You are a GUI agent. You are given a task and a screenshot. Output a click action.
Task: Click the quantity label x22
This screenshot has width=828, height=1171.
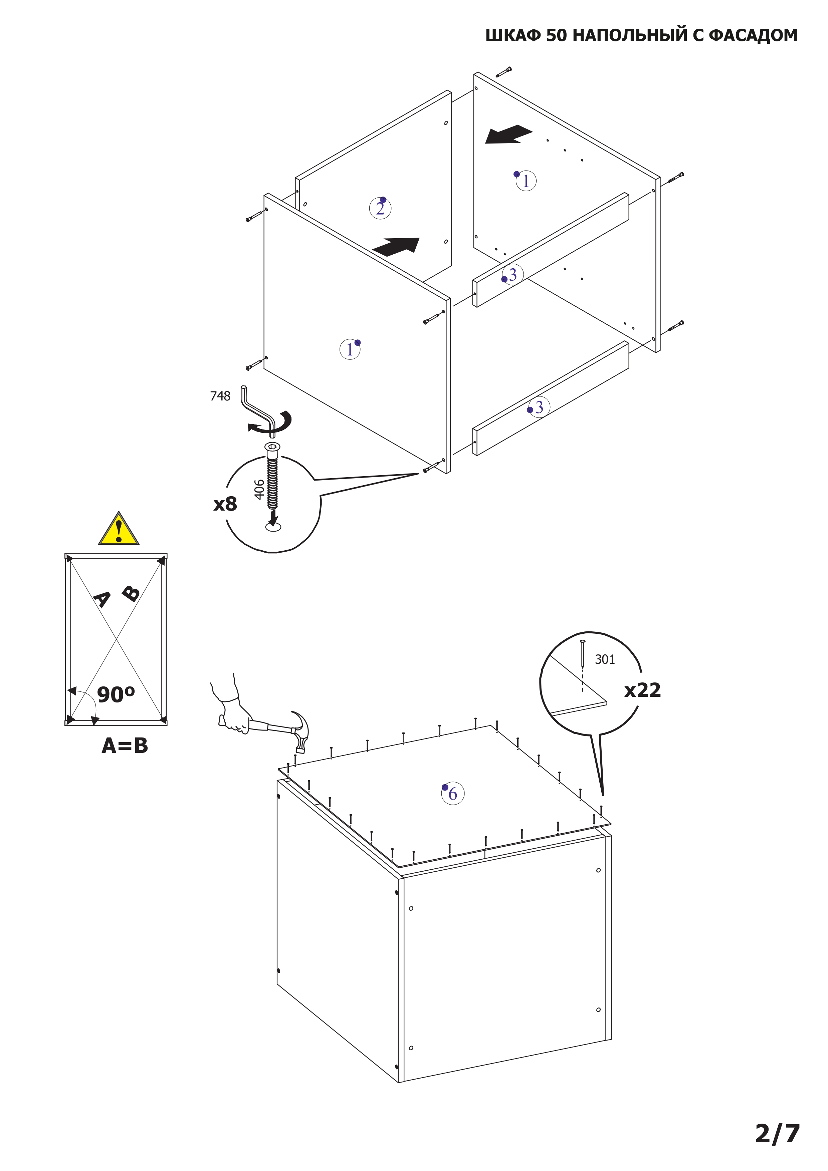(x=642, y=690)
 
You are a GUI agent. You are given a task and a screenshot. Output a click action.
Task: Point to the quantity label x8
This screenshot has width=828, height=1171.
(x=225, y=504)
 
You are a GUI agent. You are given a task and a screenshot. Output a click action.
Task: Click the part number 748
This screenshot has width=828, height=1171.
(x=220, y=396)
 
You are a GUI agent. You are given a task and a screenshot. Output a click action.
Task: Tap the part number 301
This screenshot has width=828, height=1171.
(x=605, y=659)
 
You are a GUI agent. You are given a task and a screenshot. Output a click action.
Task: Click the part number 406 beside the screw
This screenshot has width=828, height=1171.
(x=259, y=490)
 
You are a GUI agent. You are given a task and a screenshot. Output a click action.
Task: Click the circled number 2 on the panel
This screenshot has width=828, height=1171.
(x=380, y=208)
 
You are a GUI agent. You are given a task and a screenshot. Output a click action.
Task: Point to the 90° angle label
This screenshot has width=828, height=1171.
(x=116, y=695)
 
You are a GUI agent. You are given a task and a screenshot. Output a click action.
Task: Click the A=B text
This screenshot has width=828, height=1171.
(x=125, y=746)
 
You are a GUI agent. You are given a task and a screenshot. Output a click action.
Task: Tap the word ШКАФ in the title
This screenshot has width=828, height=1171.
(x=513, y=35)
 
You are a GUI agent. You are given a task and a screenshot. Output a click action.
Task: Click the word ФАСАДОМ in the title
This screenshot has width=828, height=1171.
(x=753, y=35)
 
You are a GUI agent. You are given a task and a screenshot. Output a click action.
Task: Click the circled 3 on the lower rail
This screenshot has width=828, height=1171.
(x=539, y=407)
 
